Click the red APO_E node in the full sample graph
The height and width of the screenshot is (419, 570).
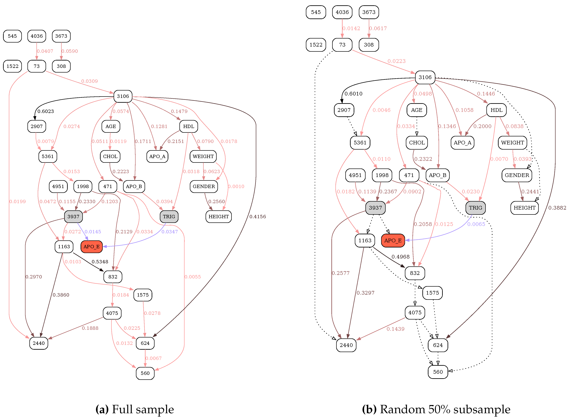pyautogui.click(x=91, y=246)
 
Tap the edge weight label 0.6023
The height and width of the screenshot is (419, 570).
pyautogui.click(x=46, y=111)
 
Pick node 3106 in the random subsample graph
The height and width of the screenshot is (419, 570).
pyautogui.click(x=425, y=77)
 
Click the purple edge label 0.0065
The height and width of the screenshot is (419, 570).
pyautogui.click(x=476, y=224)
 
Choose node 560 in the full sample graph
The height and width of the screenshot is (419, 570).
pyautogui.click(x=145, y=373)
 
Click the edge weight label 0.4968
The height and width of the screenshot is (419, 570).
pyautogui.click(x=400, y=257)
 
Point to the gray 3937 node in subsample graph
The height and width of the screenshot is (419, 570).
pyautogui.click(x=375, y=208)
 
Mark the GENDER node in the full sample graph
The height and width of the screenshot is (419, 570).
pyautogui.click(x=204, y=186)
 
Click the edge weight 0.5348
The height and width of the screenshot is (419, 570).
pyautogui.click(x=100, y=262)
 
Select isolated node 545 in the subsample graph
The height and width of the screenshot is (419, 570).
pyautogui.click(x=316, y=12)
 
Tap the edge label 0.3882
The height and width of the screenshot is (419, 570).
pyautogui.click(x=557, y=208)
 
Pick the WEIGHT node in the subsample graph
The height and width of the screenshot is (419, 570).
pyautogui.click(x=512, y=143)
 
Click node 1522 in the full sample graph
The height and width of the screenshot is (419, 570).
pyautogui.click(x=12, y=66)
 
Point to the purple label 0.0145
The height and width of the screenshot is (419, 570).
pyautogui.click(x=93, y=232)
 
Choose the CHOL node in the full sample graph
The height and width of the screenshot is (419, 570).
pyautogui.click(x=110, y=156)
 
